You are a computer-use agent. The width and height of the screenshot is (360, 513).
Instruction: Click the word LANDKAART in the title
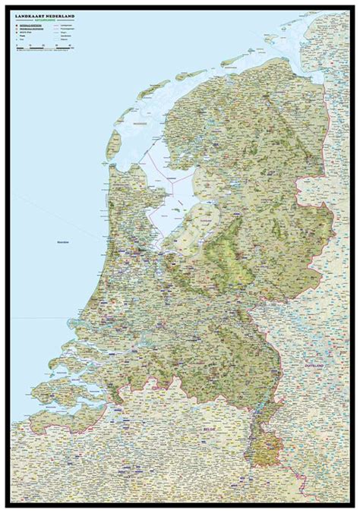28,15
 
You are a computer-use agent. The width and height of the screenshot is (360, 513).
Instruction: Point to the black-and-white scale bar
43,48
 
